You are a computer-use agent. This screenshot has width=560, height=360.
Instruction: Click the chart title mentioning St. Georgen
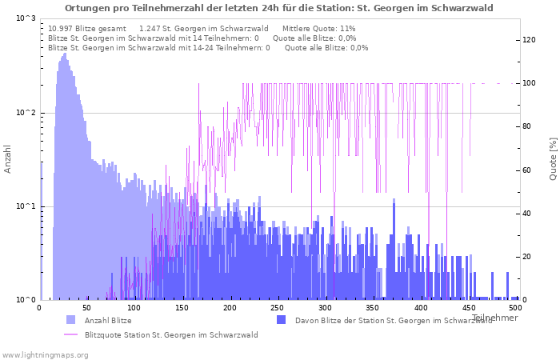278,8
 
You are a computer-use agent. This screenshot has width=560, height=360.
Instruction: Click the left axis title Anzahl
8,159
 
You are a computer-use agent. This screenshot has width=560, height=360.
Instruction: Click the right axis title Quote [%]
553,158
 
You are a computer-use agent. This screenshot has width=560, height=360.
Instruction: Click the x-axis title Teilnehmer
494,318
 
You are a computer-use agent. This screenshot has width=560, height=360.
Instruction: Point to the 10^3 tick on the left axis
26,18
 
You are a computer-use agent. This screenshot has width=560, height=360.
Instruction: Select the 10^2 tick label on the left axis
26,113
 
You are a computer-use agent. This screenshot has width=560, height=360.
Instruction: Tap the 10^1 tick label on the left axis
26,206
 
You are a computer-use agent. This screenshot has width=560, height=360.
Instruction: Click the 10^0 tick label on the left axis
26,300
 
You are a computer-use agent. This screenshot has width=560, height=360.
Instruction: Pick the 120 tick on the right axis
530,40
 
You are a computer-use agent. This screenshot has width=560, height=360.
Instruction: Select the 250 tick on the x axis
277,307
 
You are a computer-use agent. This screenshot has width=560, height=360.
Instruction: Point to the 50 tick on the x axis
86,307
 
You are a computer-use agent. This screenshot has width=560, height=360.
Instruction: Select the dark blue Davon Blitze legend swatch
281,320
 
